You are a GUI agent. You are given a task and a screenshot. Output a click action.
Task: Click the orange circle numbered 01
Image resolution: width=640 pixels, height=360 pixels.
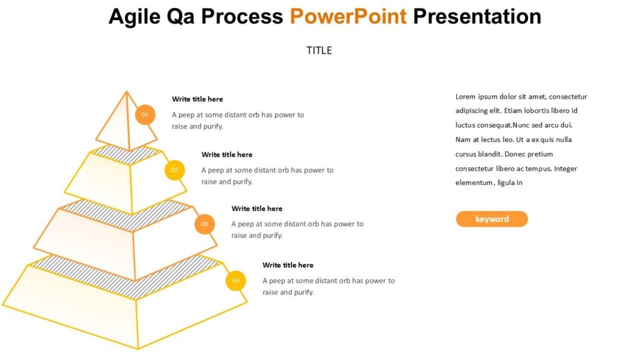coord(145,114)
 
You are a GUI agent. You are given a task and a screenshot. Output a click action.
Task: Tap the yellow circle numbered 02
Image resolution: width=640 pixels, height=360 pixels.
coord(174,170)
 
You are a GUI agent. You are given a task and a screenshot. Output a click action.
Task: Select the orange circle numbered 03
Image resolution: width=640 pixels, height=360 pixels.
coord(204,224)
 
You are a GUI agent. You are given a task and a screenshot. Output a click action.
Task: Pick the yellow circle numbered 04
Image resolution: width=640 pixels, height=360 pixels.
coord(236,281)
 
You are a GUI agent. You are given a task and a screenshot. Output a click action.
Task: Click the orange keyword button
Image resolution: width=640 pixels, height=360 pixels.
coord(492,219)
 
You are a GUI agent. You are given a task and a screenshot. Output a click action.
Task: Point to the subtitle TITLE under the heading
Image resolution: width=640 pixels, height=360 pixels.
coord(319,51)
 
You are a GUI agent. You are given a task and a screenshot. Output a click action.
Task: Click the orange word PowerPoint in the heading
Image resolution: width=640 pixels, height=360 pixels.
coord(348,16)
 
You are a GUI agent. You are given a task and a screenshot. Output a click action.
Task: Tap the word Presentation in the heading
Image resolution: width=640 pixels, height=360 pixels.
coord(477,16)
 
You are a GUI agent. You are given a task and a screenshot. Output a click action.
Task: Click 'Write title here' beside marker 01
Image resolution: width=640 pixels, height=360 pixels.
coord(197,99)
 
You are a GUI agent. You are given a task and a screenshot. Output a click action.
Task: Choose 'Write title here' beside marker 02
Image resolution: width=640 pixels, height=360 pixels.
coord(227,154)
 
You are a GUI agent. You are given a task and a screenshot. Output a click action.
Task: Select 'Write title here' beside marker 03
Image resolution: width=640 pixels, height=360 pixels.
coord(257,208)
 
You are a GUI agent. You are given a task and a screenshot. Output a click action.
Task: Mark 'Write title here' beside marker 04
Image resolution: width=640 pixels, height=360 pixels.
coord(288,265)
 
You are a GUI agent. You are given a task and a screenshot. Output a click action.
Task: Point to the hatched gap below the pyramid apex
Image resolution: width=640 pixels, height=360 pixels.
coord(128,154)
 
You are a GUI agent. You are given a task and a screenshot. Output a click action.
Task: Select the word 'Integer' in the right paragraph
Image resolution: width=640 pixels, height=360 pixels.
coord(566,169)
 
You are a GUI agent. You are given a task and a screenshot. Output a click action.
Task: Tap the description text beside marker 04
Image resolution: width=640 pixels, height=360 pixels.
coord(328,286)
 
